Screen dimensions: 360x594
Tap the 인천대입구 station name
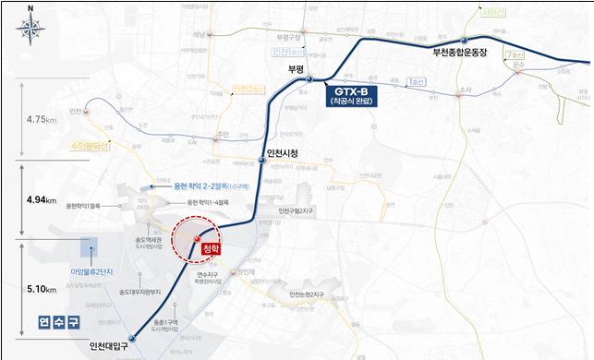tap(103, 347)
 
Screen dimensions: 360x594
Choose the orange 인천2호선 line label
tap(249, 89)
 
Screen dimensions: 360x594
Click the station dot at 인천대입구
tap(131, 339)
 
